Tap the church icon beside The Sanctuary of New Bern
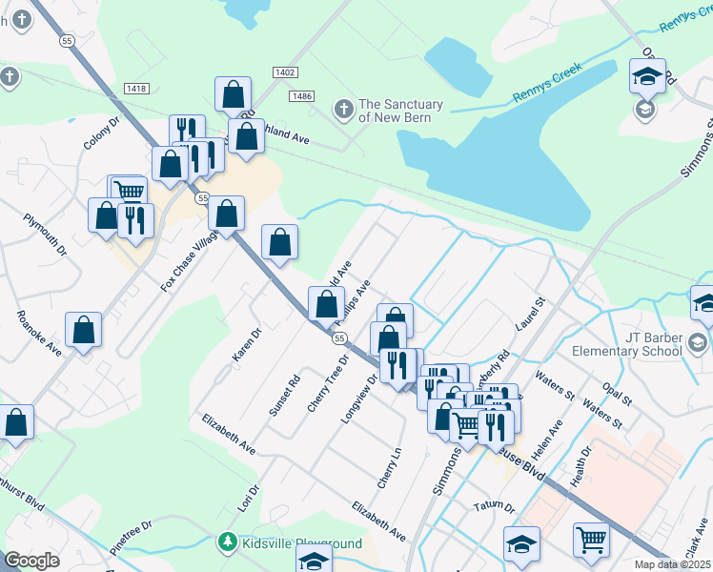[343, 111]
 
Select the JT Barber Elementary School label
[626, 343]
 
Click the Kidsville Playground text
[301, 543]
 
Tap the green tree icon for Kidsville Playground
[227, 543]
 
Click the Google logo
[32, 561]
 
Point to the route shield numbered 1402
[284, 72]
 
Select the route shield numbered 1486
[303, 96]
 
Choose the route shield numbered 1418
[135, 89]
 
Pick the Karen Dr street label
[246, 345]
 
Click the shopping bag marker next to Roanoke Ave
[84, 331]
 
